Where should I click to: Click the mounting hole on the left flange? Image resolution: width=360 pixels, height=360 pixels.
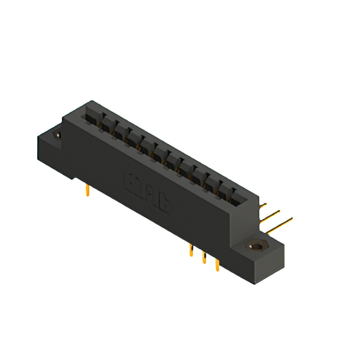(x=57, y=134)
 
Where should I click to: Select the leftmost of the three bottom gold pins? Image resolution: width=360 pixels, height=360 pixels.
(x=192, y=250)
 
